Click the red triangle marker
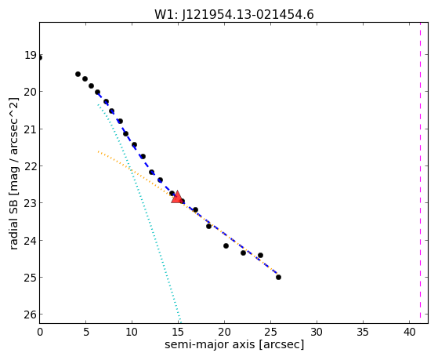click(177, 197)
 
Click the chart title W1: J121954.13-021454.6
click(234, 15)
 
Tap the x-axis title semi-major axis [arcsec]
click(234, 344)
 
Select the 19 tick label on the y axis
click(31, 55)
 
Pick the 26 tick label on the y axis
click(31, 315)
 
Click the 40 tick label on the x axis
click(409, 333)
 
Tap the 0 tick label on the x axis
click(40, 333)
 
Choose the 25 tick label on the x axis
click(270, 333)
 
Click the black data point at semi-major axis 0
click(40, 58)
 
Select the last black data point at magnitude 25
click(278, 277)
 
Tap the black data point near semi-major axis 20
click(226, 245)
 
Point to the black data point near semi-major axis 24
click(260, 255)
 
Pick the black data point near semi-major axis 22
click(243, 253)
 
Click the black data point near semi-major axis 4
click(78, 75)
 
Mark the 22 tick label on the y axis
click(31, 166)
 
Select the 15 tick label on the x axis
click(178, 333)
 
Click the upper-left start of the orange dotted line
click(98, 151)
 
